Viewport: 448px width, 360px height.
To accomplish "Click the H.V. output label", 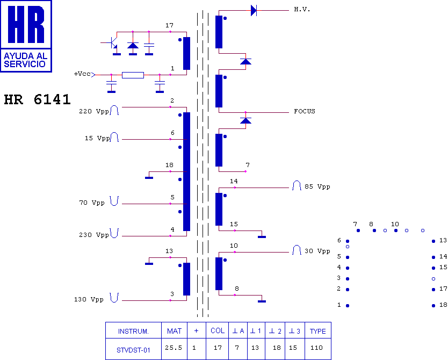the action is [x=302, y=10].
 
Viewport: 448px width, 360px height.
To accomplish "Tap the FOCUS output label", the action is [x=305, y=111].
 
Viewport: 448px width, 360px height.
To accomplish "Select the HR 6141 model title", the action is [x=37, y=99].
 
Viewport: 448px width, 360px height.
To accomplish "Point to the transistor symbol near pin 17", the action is [x=114, y=44].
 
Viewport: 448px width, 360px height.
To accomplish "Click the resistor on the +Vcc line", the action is [x=133, y=75].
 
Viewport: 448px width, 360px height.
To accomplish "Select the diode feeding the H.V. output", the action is [x=254, y=11].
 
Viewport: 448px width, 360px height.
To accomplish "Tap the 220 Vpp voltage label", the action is [x=94, y=111].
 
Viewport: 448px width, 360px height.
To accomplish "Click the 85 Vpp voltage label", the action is [x=317, y=186].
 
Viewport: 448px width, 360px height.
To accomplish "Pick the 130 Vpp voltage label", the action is [x=89, y=299].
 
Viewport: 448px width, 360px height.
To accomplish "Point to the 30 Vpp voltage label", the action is [x=317, y=251].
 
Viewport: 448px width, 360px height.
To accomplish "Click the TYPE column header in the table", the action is [x=317, y=331].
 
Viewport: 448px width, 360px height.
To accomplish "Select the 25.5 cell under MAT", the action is [x=174, y=348].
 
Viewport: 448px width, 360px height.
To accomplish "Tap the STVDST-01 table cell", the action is [x=133, y=350].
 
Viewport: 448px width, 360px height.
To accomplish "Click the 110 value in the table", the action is [x=316, y=348].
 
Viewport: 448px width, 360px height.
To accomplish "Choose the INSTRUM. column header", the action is [x=133, y=332].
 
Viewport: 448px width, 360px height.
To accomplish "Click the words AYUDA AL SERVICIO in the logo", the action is [x=25, y=60].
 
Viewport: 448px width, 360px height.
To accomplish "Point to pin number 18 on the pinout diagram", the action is [x=443, y=305].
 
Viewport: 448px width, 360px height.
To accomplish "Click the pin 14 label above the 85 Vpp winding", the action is [x=234, y=181].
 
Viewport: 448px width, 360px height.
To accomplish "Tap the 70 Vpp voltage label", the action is [x=92, y=203].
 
